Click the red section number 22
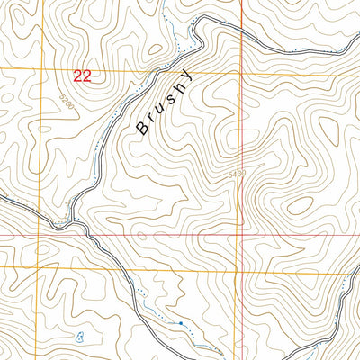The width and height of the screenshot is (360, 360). pyautogui.click(x=82, y=77)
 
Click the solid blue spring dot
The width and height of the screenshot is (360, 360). pyautogui.click(x=180, y=322)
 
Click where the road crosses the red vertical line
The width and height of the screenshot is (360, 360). pyautogui.click(x=241, y=28)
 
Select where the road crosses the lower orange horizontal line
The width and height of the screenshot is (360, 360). pyautogui.click(x=117, y=268)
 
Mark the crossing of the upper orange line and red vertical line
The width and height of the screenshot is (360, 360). pyautogui.click(x=241, y=70)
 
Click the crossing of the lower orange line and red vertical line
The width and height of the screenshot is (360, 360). pyautogui.click(x=241, y=268)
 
